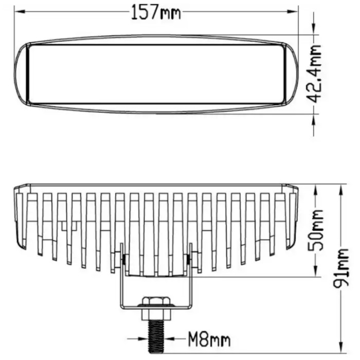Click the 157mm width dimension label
click(156, 12)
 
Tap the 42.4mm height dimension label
click(314, 74)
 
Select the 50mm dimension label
click(316, 230)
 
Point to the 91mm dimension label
click(341, 268)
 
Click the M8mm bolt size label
click(209, 339)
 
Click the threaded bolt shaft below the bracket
click(156, 336)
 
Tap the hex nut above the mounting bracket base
click(156, 301)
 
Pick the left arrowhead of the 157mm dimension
click(20, 11)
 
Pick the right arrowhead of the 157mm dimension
click(293, 11)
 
